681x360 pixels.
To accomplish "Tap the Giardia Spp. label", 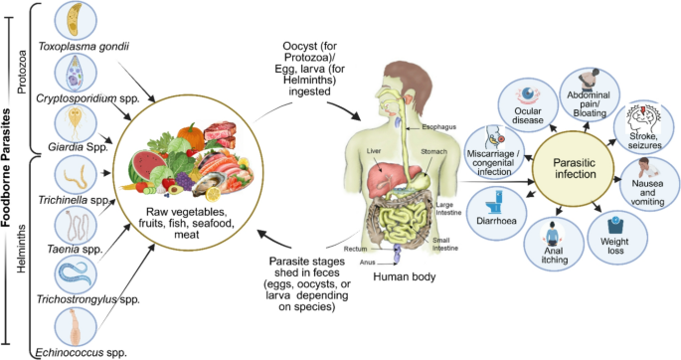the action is tap(78, 147).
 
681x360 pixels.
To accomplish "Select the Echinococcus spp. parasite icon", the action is tap(76, 327).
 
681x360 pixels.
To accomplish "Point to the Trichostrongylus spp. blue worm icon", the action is tap(76, 273).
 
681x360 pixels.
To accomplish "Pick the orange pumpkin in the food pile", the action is tap(191, 136).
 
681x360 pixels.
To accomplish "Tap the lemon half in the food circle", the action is tap(213, 194).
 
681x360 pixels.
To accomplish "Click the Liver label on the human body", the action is tap(374, 151).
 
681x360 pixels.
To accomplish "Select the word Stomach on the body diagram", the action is tap(433, 151).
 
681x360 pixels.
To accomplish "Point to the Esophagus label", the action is tap(439, 127).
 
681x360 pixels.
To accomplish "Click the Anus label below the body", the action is tap(368, 263).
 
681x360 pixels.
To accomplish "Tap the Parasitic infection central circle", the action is tap(575, 168).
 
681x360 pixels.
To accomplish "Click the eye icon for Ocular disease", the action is tap(528, 94).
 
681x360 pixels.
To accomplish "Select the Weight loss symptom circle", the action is tap(617, 238).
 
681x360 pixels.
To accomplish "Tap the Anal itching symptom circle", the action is tap(554, 244).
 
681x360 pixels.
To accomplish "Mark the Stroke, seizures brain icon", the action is tap(643, 118).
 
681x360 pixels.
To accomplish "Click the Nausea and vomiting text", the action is tap(647, 192).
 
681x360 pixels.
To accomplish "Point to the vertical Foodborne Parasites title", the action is tap(6, 168).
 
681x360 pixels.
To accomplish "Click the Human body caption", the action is tap(405, 276).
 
